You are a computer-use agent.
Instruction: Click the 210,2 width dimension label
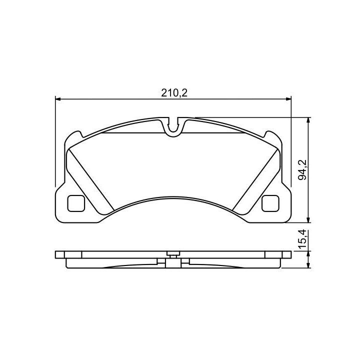coord(174,93)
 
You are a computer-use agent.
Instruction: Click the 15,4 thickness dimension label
coord(302,239)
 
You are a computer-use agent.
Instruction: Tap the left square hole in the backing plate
coord(76,203)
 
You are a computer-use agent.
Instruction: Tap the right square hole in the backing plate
coord(270,203)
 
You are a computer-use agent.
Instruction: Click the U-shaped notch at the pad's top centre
coord(173,128)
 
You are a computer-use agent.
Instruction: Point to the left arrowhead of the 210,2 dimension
coord(58,99)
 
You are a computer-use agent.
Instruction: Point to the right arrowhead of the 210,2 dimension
coord(288,99)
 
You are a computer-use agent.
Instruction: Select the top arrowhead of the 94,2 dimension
coord(309,120)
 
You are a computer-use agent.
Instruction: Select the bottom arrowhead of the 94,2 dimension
coord(309,219)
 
